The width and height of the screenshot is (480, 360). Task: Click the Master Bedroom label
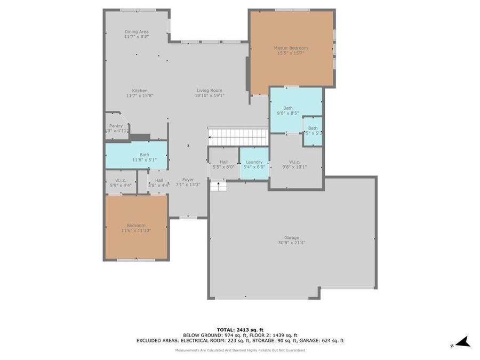291,48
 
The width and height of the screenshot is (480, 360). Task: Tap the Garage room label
291,237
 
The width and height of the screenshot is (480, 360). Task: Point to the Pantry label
116,126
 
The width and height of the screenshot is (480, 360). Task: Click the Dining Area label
137,31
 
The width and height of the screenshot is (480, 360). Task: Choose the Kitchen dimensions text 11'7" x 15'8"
140,96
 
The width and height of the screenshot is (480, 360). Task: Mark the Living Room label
209,91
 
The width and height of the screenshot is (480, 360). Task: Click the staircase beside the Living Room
238,137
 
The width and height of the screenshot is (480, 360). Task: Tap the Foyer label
188,180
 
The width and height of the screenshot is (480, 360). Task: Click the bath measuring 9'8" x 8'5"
288,110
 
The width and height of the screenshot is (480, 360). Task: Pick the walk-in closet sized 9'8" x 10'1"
295,164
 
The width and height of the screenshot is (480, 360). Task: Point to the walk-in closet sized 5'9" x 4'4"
121,182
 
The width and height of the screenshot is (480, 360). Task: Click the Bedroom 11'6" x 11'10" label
136,228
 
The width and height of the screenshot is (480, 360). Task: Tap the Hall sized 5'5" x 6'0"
223,164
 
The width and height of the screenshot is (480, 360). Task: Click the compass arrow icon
462,342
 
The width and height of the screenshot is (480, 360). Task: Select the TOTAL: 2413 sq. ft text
240,330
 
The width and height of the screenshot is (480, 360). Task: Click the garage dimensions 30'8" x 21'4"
291,242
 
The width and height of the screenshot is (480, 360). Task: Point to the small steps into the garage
218,186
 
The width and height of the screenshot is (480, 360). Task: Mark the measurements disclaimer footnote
240,350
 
